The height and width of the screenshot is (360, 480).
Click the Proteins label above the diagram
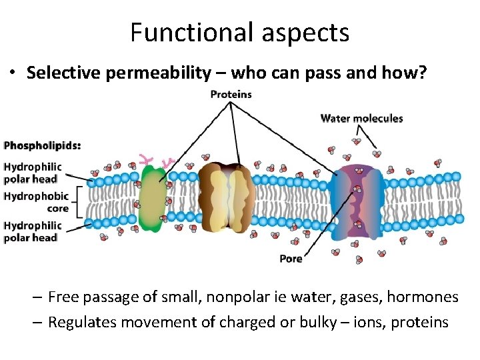tap(231, 94)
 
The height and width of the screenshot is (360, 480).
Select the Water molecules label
tap(361, 119)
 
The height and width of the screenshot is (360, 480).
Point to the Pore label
tap(291, 259)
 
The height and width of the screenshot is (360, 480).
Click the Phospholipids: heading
tap(42, 145)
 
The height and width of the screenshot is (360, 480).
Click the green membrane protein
tap(153, 198)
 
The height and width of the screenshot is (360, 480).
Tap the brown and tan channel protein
tap(227, 197)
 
